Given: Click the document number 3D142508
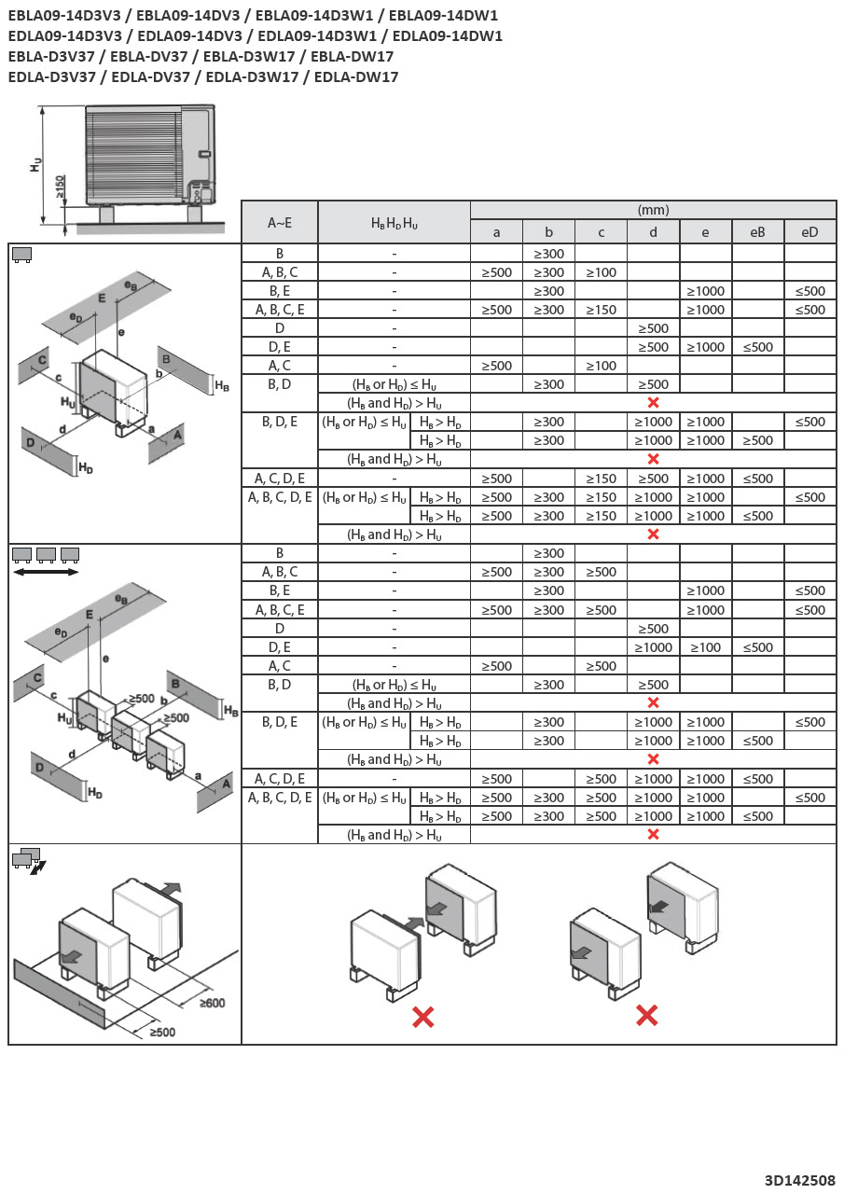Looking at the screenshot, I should coord(799,1180).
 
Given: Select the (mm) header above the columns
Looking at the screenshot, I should coord(653,210).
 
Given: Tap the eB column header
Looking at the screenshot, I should coord(757,231).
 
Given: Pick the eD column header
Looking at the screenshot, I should coord(809,231).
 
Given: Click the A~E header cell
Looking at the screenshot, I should coord(279,222).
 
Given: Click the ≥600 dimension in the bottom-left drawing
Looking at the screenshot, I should coord(212,1003).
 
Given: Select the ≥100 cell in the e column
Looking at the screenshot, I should coord(705,647).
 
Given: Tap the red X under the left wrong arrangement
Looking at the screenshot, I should coord(422,1017).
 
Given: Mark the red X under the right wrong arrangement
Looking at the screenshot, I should coord(646,1015).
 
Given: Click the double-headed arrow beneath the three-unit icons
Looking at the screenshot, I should coord(46,572).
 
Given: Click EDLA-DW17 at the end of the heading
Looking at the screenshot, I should coord(356,76).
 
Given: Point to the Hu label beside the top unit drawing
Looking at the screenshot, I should coord(35,164).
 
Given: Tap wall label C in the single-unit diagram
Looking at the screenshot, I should coord(40,359).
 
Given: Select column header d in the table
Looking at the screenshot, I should coord(653,231).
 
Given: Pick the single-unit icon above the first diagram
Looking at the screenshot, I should coord(21,255).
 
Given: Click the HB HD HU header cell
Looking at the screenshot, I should coord(394,222).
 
